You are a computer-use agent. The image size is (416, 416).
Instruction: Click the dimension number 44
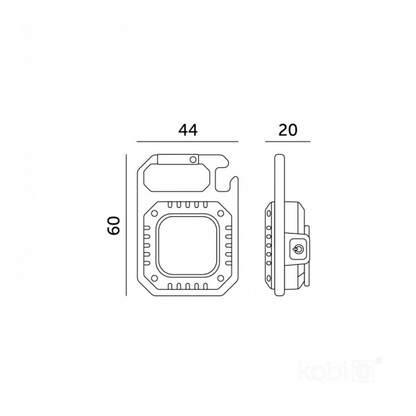point(188,130)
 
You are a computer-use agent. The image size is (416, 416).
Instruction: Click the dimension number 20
point(288,130)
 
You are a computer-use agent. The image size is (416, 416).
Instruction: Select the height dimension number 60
point(114,225)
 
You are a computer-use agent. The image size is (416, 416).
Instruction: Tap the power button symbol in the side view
point(298,250)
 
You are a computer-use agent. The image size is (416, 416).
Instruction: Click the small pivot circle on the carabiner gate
point(193,159)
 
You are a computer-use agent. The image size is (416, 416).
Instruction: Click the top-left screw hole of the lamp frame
point(154,214)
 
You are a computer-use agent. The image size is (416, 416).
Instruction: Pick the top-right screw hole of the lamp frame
point(220,214)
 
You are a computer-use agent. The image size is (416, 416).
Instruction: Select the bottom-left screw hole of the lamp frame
point(154,278)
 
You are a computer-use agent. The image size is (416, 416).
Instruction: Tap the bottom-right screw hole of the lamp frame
point(220,278)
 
